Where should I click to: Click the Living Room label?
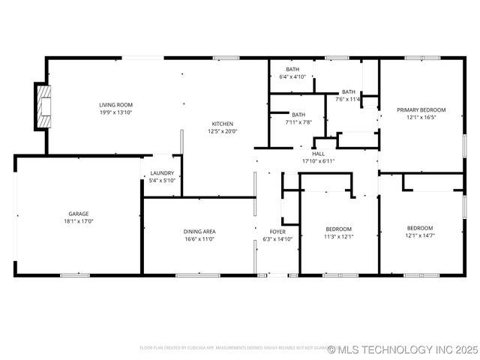[115, 105]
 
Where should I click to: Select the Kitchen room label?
[223, 124]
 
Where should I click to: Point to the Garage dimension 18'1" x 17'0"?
[78, 221]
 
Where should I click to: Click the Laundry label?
[163, 173]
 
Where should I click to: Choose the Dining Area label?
[199, 232]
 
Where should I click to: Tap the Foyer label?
[277, 232]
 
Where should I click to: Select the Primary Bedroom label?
[421, 109]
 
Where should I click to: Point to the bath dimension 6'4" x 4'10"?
[292, 76]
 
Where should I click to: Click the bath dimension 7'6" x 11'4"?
[348, 99]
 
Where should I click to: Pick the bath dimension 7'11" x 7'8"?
[298, 122]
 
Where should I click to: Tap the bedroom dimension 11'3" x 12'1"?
[338, 236]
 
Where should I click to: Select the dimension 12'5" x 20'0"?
[223, 131]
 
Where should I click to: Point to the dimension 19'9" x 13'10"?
[115, 112]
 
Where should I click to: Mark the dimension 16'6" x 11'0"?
[199, 239]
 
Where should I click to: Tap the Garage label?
[78, 214]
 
